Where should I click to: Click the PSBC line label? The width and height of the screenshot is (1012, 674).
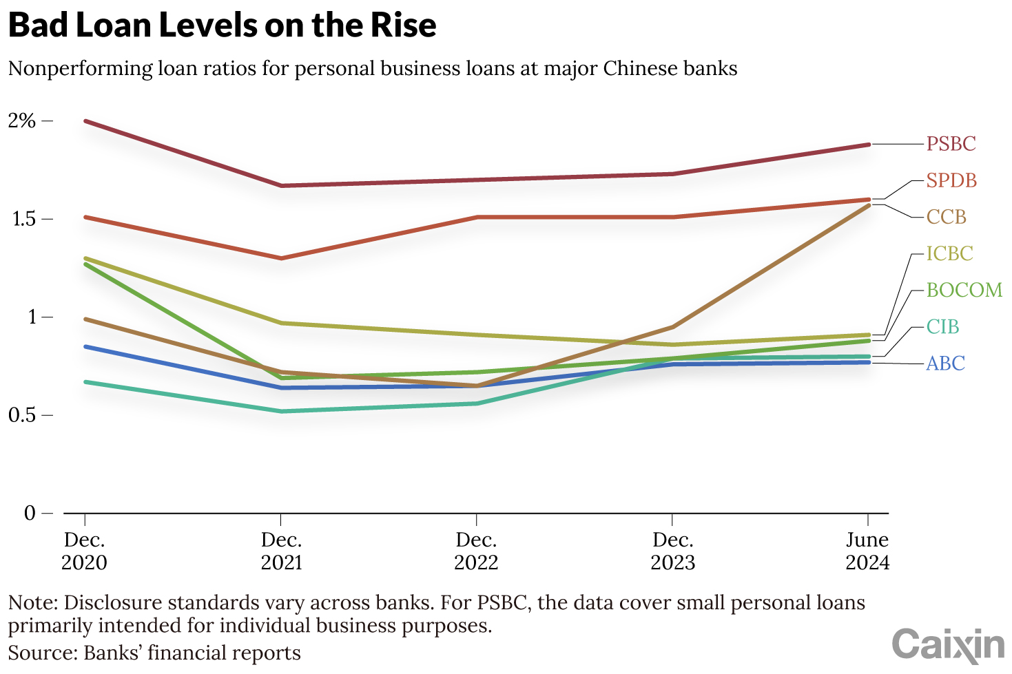click(x=951, y=144)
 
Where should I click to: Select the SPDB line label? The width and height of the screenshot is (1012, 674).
click(x=951, y=180)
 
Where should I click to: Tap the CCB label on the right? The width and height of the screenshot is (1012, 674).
click(x=946, y=217)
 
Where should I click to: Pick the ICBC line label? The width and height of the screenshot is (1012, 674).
click(x=949, y=253)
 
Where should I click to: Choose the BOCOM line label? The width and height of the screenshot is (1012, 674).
click(x=964, y=290)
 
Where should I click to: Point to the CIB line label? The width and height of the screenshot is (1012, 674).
click(x=942, y=326)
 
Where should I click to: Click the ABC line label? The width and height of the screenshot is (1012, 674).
click(x=945, y=363)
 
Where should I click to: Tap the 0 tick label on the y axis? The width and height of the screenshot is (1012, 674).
click(x=29, y=513)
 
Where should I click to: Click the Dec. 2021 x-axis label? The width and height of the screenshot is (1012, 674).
click(x=281, y=551)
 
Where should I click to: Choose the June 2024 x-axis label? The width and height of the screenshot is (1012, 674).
click(x=867, y=551)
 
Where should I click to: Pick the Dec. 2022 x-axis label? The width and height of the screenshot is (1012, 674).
click(x=476, y=551)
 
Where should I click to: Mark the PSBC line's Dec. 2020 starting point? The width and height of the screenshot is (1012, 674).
click(x=85, y=121)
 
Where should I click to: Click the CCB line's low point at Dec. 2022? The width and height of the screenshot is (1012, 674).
click(x=476, y=386)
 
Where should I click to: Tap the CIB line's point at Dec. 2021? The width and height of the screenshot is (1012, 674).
click(x=281, y=412)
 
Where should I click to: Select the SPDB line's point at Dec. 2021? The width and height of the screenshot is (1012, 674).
click(x=281, y=258)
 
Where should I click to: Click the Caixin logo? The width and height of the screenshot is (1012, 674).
click(x=948, y=645)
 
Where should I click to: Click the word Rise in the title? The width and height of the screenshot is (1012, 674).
click(x=403, y=25)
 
